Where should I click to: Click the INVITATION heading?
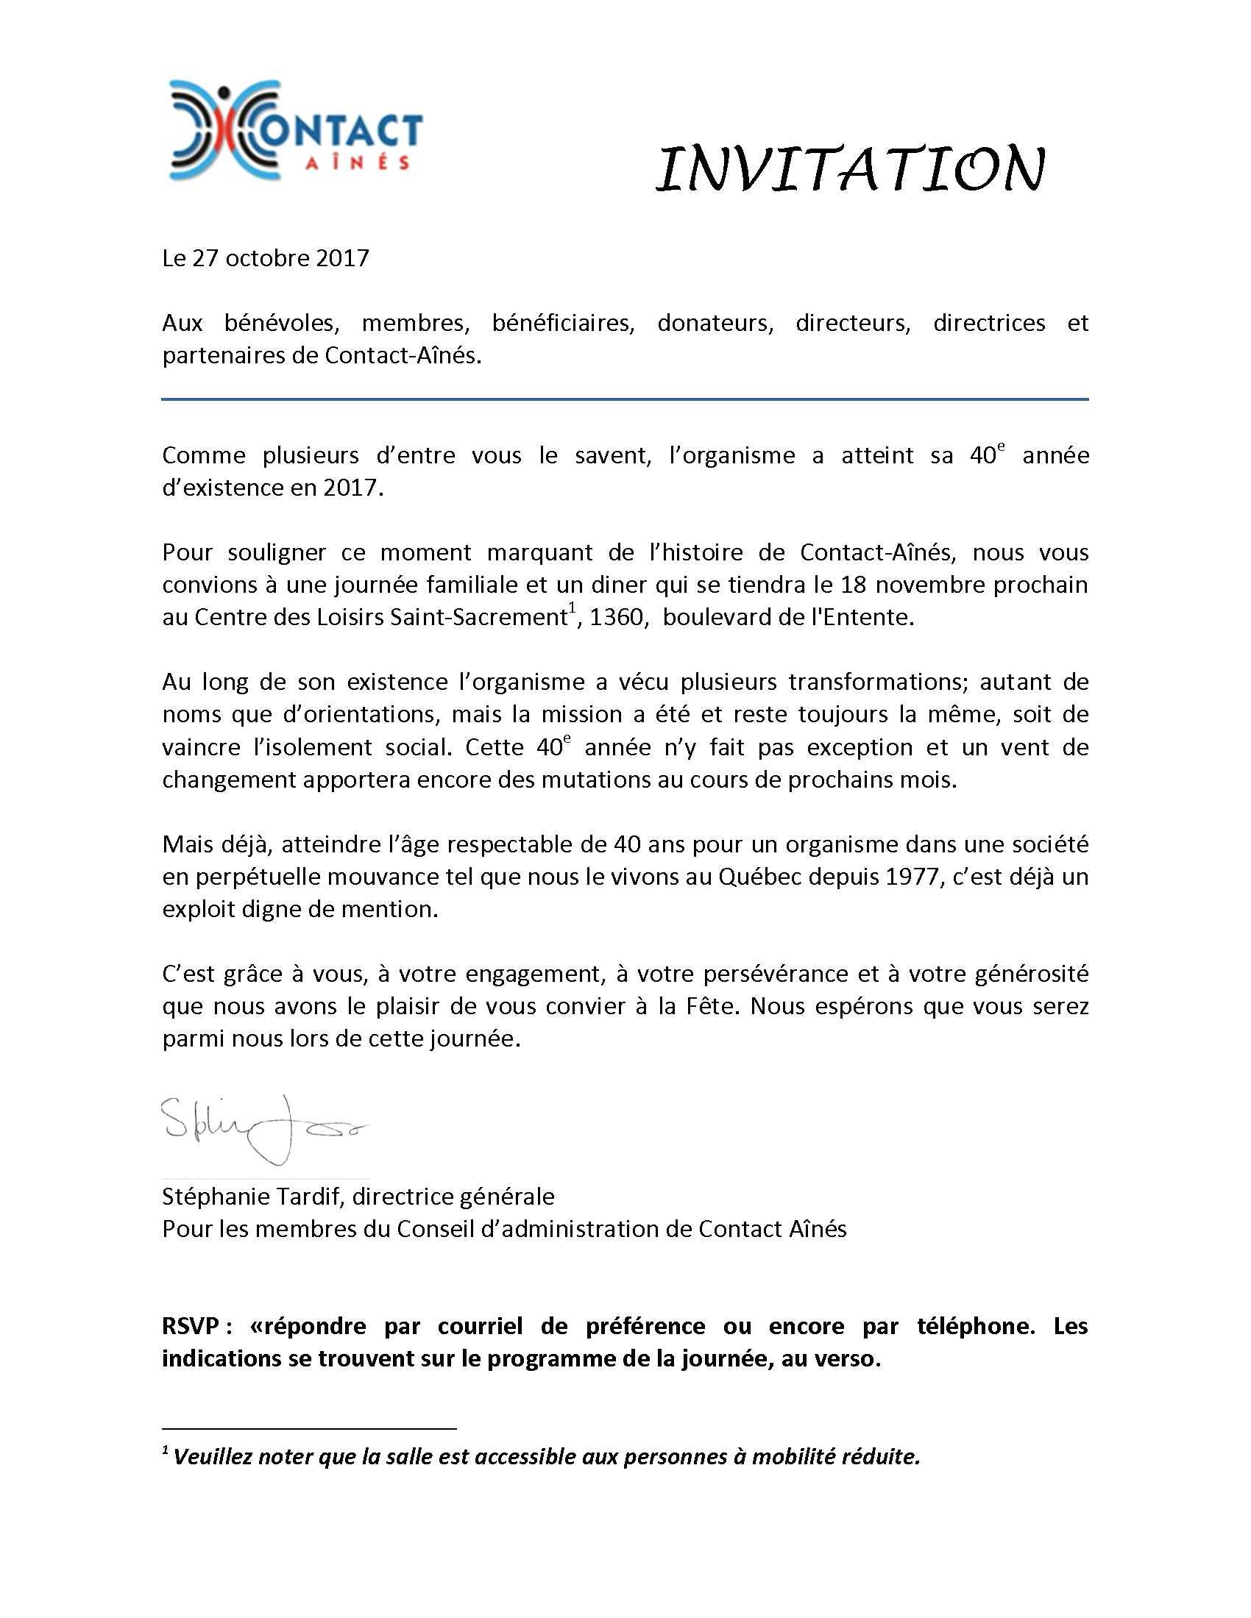coord(850,169)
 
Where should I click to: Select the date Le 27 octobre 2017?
coord(266,258)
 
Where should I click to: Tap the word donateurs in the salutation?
coord(715,323)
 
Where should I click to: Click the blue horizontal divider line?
coord(625,399)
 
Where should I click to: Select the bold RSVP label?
coord(190,1325)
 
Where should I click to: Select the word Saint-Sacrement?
coord(479,617)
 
